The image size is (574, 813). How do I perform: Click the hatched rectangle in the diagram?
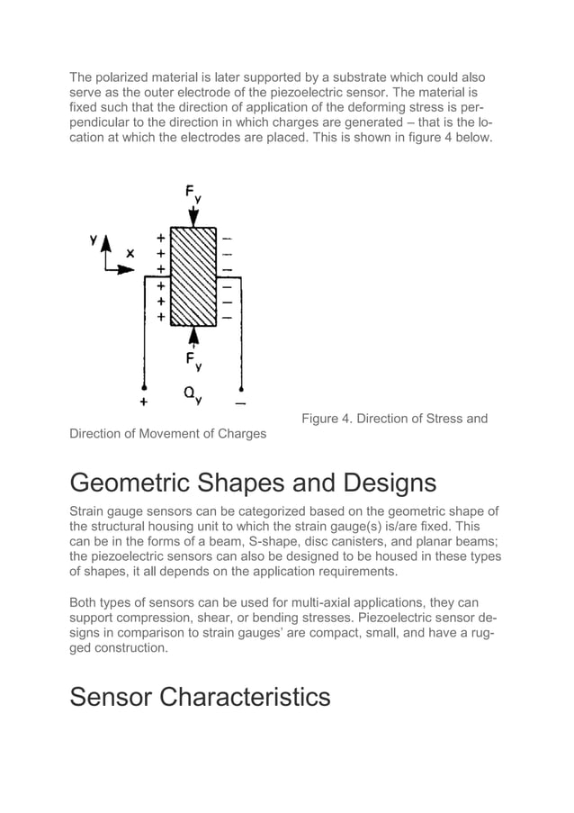click(193, 277)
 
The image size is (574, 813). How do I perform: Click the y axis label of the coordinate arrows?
click(93, 241)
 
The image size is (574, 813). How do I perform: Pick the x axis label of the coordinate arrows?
click(130, 254)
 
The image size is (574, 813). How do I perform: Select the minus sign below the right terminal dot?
click(241, 402)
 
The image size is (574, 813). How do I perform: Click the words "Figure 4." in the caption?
click(327, 418)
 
